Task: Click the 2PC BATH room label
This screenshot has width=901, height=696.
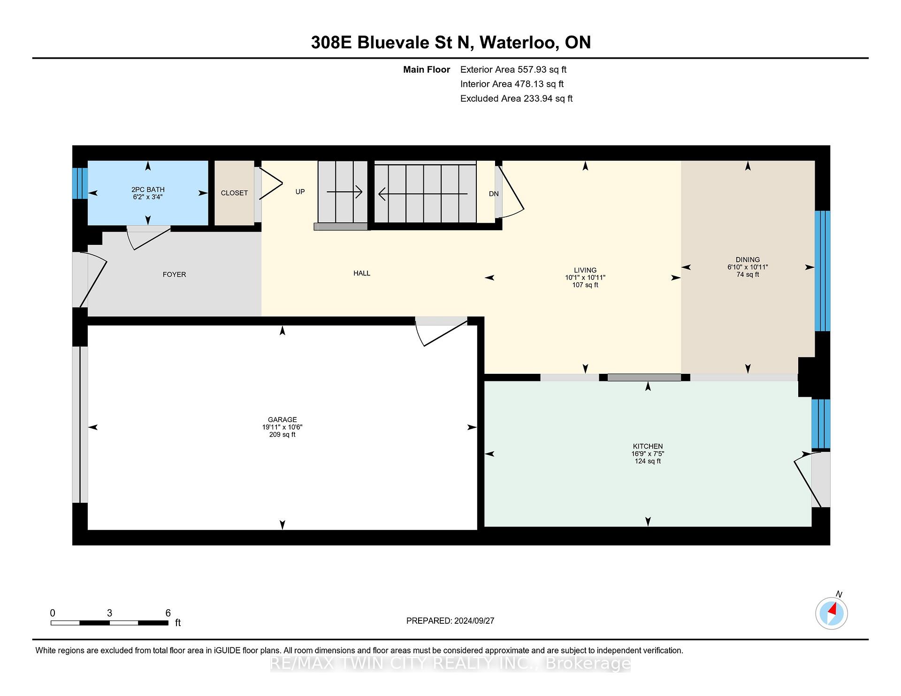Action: click(148, 189)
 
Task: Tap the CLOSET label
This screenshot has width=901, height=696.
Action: click(234, 193)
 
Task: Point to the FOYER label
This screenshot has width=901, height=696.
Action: click(174, 274)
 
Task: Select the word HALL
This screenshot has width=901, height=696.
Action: click(362, 273)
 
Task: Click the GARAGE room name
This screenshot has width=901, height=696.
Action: click(282, 420)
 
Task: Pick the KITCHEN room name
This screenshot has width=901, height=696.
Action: click(648, 446)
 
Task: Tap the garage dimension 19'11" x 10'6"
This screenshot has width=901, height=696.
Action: click(282, 427)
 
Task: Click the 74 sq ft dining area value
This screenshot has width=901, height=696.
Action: click(748, 274)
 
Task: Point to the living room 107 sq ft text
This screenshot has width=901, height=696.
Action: click(585, 285)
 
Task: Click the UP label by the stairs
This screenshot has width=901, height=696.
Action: click(300, 191)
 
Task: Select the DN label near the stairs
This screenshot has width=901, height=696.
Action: click(494, 194)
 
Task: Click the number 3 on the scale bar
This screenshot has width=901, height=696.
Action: click(109, 613)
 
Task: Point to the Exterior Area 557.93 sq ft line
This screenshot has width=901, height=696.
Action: click(513, 69)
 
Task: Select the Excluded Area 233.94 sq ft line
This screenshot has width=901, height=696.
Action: click(516, 98)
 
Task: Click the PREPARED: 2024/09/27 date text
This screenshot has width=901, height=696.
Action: click(450, 620)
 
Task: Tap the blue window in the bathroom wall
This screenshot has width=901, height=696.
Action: click(80, 183)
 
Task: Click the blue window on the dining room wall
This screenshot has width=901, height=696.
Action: click(822, 271)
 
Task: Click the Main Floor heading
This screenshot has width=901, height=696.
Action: click(427, 69)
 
